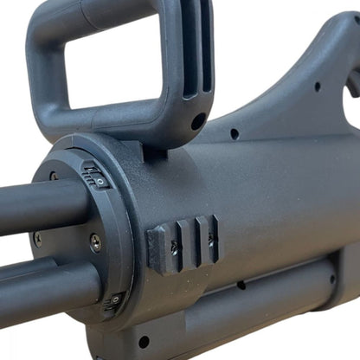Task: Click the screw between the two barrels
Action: point(95,243)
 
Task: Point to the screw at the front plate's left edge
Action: point(37,235)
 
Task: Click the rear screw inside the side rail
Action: point(209,238)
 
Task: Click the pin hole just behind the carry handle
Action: point(234,134)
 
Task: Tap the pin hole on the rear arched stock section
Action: point(318,86)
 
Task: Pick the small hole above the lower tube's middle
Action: point(241,285)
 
